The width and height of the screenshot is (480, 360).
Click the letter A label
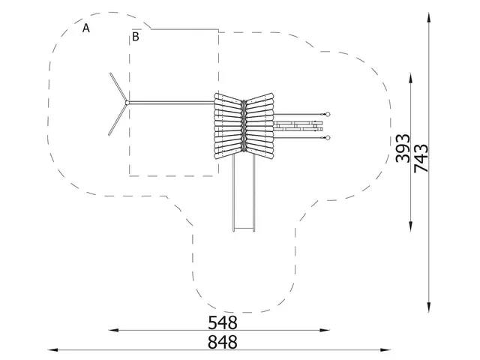tap(87, 28)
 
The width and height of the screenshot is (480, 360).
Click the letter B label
tap(136, 36)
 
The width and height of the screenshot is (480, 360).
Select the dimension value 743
tap(421, 159)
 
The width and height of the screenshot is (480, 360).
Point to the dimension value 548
tap(223, 322)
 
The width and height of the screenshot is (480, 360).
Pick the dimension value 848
tap(223, 342)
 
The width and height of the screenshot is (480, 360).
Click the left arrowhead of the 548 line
tap(113, 329)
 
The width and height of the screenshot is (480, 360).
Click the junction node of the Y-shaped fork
tap(127, 103)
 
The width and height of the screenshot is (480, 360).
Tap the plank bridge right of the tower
tap(298, 126)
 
